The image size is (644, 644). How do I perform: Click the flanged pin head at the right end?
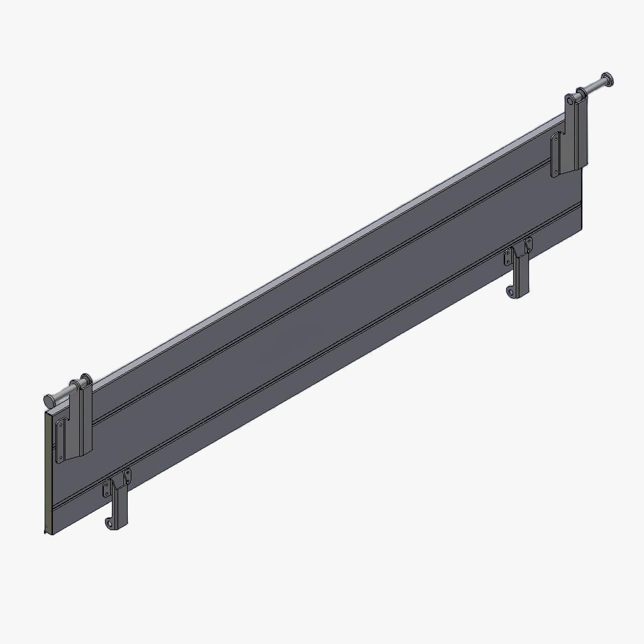608,80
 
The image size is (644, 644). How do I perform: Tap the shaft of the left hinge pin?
64,393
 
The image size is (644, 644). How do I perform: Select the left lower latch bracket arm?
119,506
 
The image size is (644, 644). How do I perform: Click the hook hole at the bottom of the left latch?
111,523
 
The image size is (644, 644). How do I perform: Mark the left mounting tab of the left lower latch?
108,487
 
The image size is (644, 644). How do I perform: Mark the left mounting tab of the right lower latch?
509,256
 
